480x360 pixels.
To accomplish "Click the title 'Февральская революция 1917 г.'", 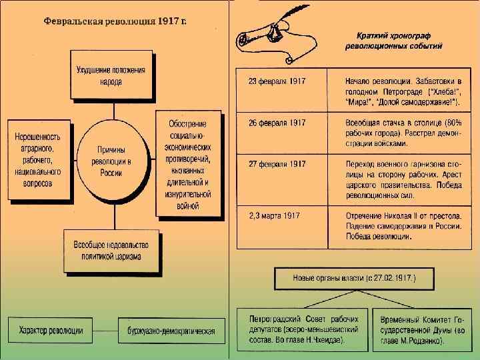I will coord(115,21).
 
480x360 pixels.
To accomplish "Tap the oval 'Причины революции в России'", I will coord(111,161).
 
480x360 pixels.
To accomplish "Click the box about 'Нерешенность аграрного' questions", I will coord(38,160).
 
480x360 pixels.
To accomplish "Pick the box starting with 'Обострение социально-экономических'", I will coord(187,163).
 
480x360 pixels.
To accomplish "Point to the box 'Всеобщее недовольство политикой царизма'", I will coord(111,249).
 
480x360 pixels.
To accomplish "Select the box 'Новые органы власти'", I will coord(354,278).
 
